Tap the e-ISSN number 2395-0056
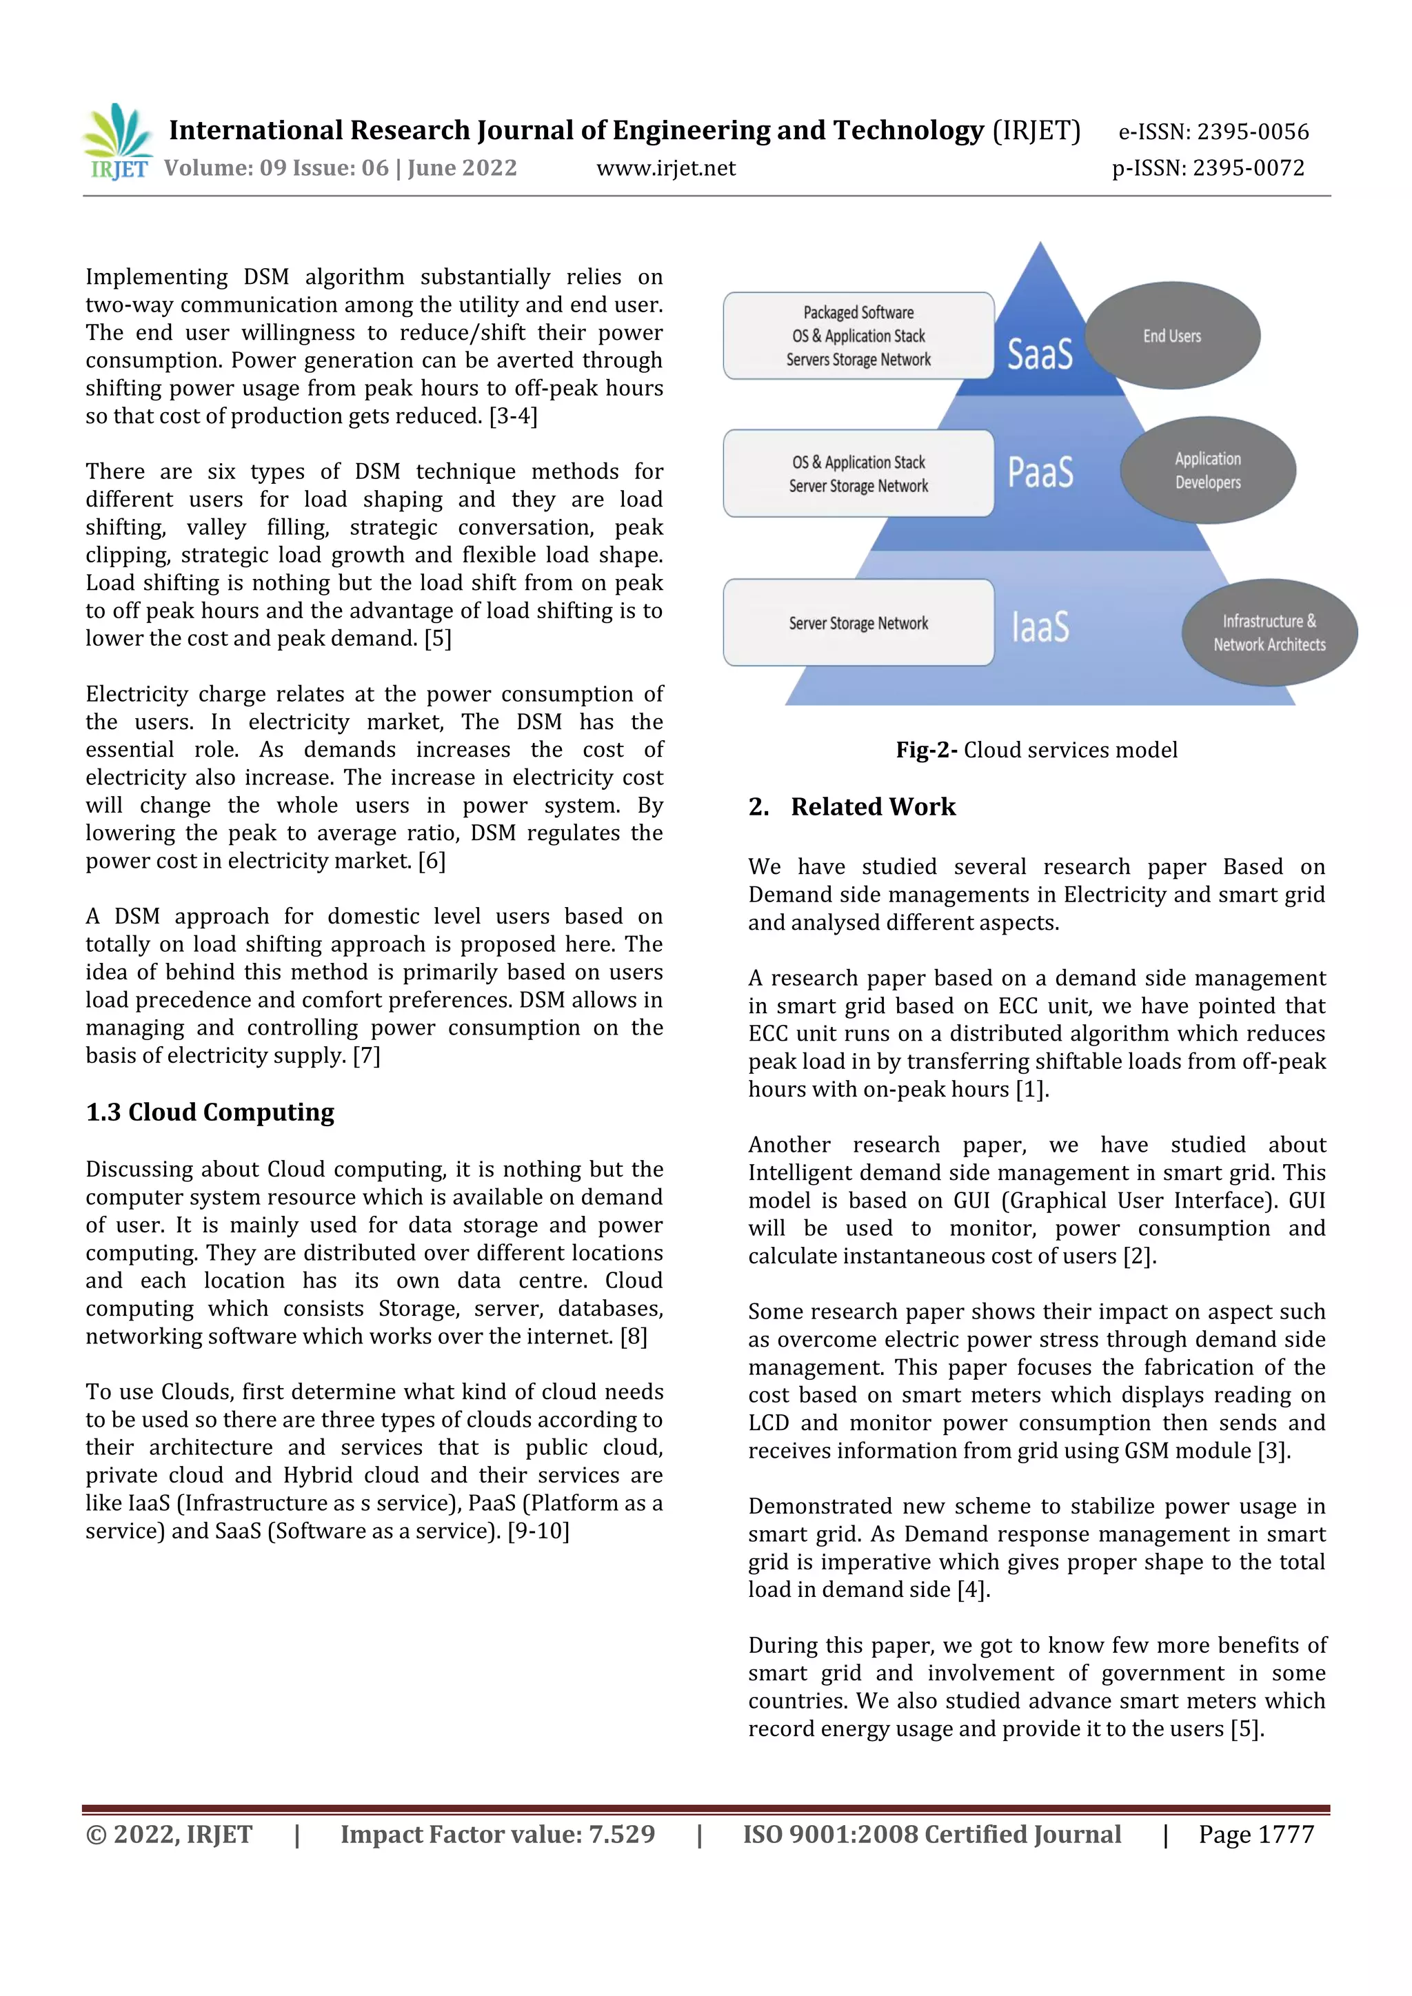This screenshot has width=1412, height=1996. (x=1252, y=132)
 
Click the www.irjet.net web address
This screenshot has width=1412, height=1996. (x=665, y=169)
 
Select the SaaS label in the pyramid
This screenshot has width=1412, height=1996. (x=1040, y=354)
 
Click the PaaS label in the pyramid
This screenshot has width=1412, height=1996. (x=1040, y=472)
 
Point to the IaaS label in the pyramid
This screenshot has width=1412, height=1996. (x=1040, y=626)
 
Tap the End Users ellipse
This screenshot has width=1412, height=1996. (x=1172, y=336)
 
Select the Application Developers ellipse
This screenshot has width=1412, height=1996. (x=1208, y=470)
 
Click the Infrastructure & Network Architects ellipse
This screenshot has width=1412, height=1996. (x=1269, y=632)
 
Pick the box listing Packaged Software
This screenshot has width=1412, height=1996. (x=858, y=336)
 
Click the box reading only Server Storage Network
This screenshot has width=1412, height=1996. (x=858, y=622)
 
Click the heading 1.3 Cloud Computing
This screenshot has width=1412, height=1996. (x=210, y=1112)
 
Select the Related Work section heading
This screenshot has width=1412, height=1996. (x=872, y=807)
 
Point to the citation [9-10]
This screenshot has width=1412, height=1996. (x=538, y=1531)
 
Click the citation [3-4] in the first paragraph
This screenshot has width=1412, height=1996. (x=513, y=416)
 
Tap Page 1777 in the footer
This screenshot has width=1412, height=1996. (x=1255, y=1834)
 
